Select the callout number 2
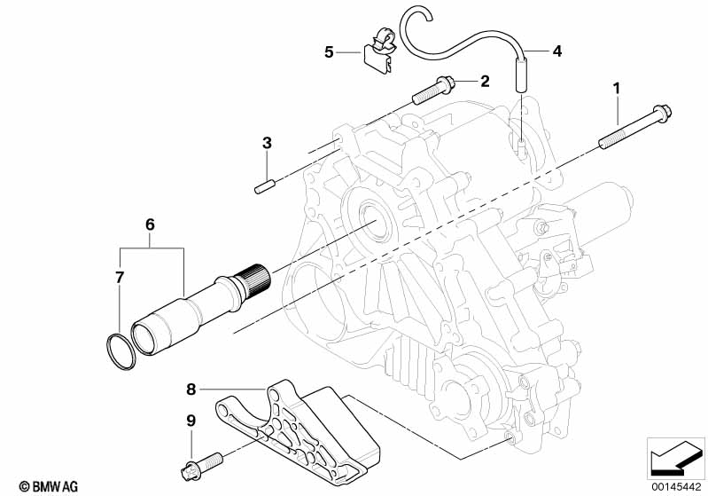485,82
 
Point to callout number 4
556,51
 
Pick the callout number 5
329,52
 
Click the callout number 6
150,225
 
